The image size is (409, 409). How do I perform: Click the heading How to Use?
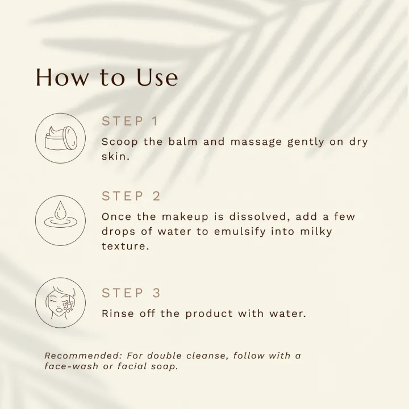pos(107,77)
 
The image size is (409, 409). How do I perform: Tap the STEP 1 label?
pos(130,121)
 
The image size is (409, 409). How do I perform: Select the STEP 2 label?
pos(131,196)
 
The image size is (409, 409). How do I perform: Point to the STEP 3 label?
pos(131,293)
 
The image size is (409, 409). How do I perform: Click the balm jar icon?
pos(60,138)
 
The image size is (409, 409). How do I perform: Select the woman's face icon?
pos(60,303)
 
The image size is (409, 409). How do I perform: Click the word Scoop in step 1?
pos(120,141)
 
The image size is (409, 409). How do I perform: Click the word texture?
pos(125,247)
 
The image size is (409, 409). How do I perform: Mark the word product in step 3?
pos(208,314)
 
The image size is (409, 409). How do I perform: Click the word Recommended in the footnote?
pos(83,356)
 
